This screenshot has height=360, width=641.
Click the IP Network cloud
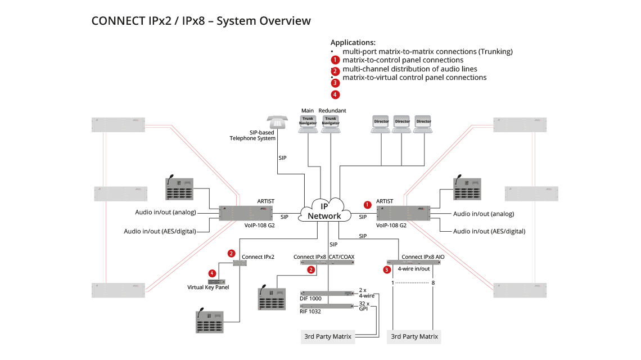326,211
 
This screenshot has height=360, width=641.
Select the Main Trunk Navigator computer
308,123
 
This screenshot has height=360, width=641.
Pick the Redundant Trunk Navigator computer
331,123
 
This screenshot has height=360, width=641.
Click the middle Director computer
401,124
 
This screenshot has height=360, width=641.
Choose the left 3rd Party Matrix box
327,336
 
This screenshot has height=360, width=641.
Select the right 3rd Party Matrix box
414,336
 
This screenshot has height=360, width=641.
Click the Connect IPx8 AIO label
421,256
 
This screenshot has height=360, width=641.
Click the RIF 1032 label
309,310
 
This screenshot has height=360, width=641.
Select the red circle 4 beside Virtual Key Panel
212,273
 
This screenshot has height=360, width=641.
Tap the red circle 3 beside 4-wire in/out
386,269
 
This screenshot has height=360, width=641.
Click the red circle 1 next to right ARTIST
368,205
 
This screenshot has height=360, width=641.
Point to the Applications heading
353,42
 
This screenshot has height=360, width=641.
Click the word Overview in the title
284,21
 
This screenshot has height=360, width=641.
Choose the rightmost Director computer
423,124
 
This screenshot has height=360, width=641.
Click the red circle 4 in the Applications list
335,94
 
